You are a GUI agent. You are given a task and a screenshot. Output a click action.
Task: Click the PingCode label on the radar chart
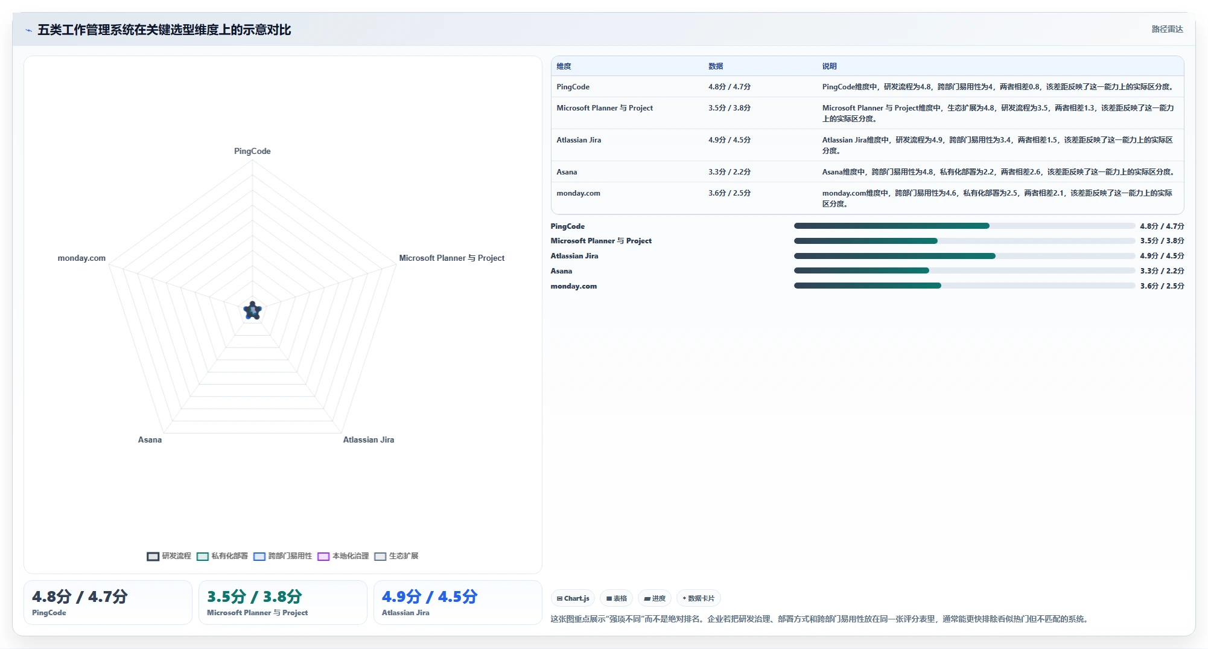[252, 151]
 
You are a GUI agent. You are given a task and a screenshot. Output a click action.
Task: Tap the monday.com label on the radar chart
[81, 258]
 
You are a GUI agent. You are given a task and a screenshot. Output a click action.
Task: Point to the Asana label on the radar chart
[150, 440]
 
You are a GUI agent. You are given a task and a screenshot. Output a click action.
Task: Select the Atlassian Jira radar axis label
[369, 440]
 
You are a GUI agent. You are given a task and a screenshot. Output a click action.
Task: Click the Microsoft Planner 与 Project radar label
[452, 258]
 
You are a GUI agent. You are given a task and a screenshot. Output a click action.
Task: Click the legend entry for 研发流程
[169, 556]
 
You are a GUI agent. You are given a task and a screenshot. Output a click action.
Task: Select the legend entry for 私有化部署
[222, 556]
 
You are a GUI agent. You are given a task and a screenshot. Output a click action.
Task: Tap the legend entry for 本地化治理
[343, 556]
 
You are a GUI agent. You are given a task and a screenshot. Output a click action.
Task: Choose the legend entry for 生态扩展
[396, 556]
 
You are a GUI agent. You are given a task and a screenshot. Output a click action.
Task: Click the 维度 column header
[564, 66]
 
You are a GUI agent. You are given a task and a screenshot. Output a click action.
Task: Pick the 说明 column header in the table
[829, 66]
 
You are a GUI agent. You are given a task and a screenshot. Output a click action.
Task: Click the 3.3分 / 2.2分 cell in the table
[730, 172]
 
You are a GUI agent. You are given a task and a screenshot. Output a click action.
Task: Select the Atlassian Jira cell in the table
[579, 140]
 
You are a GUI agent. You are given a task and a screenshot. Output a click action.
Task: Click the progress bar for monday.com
[964, 286]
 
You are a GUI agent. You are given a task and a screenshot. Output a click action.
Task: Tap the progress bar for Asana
[964, 271]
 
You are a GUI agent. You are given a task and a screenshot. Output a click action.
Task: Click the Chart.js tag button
[573, 598]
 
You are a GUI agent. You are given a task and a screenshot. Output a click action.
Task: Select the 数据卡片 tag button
[698, 598]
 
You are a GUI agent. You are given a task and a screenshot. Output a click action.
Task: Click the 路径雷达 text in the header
[1167, 29]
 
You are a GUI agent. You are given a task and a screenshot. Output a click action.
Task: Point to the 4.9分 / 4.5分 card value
[430, 596]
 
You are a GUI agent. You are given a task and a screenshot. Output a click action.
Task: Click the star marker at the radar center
[252, 310]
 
